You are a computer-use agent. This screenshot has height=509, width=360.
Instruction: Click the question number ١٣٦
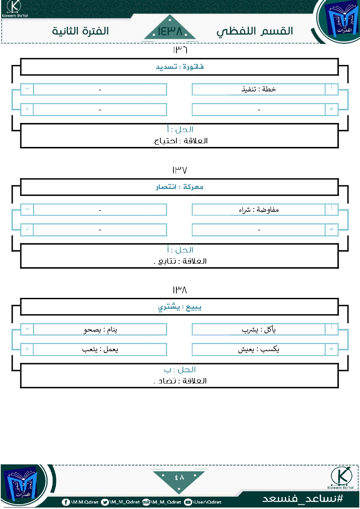click(x=180, y=50)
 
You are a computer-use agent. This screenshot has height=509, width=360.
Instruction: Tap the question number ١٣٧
click(x=180, y=170)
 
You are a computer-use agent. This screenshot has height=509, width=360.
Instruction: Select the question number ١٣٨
click(x=180, y=290)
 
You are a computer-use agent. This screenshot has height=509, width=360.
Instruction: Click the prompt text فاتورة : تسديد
click(x=180, y=67)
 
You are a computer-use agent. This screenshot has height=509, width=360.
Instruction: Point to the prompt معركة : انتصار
click(x=180, y=187)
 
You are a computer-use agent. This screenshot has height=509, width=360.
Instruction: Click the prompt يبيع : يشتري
click(x=180, y=307)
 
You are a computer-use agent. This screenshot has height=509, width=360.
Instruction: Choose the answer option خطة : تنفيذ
click(x=259, y=89)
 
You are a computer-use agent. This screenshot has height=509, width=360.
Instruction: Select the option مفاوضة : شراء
click(x=259, y=210)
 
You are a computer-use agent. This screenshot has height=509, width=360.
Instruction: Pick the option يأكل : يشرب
click(x=259, y=329)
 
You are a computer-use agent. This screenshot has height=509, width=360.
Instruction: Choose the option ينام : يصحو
click(x=100, y=329)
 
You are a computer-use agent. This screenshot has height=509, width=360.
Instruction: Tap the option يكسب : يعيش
click(x=259, y=349)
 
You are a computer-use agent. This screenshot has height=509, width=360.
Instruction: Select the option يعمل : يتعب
click(x=100, y=349)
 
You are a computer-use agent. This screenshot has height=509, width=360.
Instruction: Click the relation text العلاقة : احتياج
click(x=180, y=141)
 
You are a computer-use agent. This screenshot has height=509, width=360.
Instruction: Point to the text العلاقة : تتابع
click(x=180, y=261)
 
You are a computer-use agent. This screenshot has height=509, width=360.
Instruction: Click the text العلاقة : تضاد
click(x=180, y=381)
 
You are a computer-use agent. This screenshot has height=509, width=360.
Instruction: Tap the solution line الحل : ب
click(x=180, y=370)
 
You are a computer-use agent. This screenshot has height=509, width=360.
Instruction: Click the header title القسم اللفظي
click(x=255, y=32)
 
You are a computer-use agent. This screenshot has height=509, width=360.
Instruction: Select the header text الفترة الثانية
click(x=81, y=31)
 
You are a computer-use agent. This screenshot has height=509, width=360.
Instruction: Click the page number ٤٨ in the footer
click(x=179, y=477)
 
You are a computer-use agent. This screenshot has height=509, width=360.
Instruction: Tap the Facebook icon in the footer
click(x=66, y=502)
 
